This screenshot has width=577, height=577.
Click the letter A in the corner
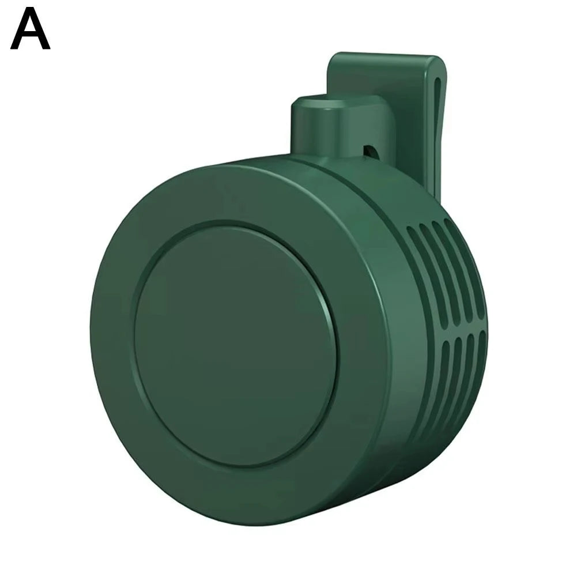click(x=30, y=31)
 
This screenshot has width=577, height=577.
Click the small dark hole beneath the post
click(x=369, y=151)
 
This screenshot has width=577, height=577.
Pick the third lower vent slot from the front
click(x=469, y=363)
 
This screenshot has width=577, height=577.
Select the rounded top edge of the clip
click(x=383, y=58)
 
